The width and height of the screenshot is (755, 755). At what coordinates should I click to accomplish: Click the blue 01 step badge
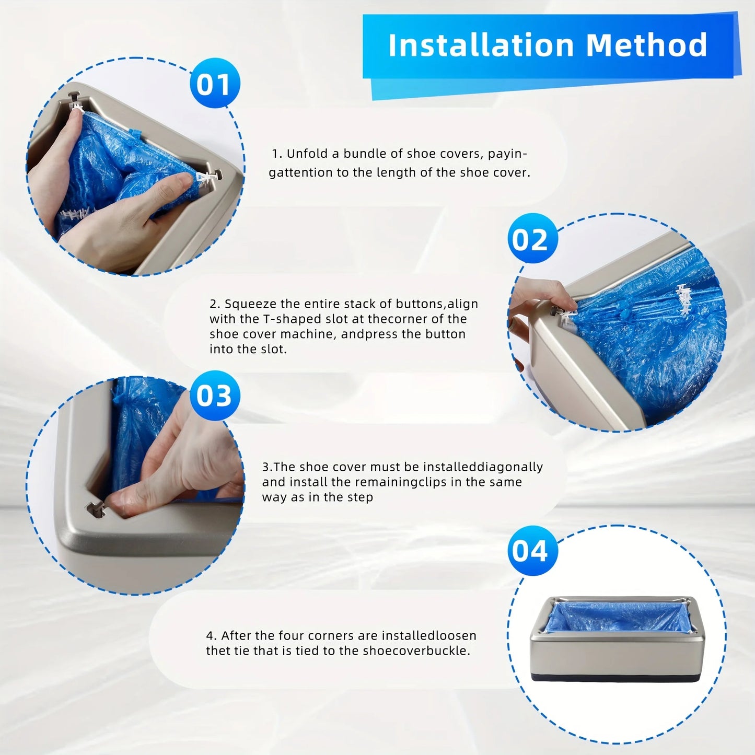[x=214, y=84]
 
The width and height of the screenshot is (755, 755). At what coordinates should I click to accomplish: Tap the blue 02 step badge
[x=532, y=239]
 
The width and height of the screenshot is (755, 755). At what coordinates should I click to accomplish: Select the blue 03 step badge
[x=214, y=396]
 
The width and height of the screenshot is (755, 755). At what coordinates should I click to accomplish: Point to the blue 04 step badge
[x=532, y=551]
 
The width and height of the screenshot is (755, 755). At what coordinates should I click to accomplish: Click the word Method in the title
[x=647, y=45]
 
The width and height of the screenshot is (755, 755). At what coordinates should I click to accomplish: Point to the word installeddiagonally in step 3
[x=483, y=467]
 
